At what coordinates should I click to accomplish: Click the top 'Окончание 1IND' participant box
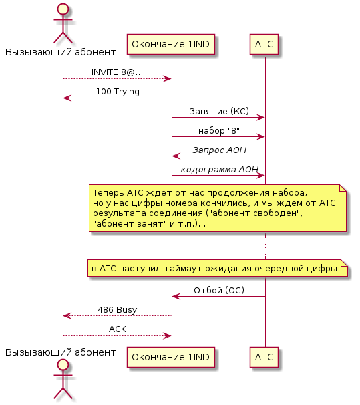[171, 44]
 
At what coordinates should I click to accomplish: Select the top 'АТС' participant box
[264, 44]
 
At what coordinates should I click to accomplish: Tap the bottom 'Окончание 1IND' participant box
[171, 358]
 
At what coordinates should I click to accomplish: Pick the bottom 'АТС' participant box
[264, 358]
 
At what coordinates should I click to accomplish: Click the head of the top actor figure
[63, 9]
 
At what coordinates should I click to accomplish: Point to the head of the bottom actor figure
[63, 365]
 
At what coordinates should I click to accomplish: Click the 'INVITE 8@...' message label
[117, 72]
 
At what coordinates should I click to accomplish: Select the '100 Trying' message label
[118, 92]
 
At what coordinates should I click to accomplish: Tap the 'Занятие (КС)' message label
[219, 112]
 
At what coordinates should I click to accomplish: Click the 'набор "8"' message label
[219, 131]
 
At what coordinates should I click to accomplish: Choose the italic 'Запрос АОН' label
[219, 150]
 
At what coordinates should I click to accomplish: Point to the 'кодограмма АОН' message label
[219, 170]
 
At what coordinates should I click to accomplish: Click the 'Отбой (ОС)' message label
[219, 291]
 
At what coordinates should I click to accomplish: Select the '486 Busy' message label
[118, 310]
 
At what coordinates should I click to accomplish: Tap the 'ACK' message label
[118, 329]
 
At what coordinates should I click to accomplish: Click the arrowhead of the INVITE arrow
[168, 78]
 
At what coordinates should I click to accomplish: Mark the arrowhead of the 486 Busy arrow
[67, 316]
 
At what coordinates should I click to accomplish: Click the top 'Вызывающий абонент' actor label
[60, 52]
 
